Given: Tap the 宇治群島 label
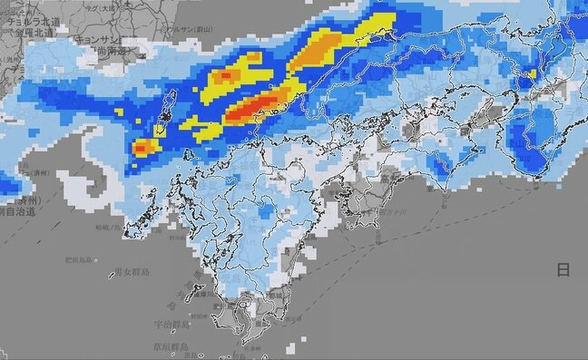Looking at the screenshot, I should tap(172, 323).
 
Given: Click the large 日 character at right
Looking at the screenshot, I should tap(563, 270).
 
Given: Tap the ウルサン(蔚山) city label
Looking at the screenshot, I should tap(186, 29).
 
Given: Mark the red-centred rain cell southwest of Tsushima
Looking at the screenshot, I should tap(143, 147).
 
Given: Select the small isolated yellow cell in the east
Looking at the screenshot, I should tap(532, 73).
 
